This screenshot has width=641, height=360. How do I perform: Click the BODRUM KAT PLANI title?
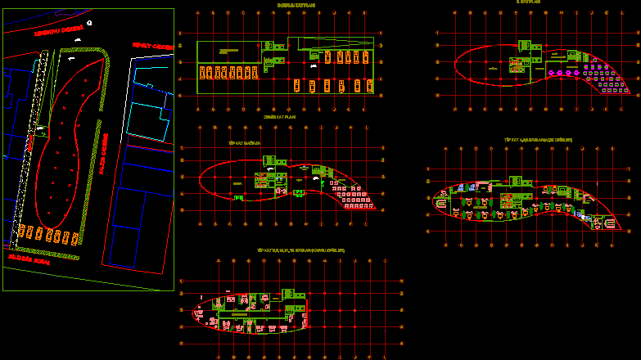[296, 4]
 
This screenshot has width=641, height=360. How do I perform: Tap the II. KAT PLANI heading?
[530, 2]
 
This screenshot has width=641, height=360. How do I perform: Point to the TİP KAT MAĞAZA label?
[243, 142]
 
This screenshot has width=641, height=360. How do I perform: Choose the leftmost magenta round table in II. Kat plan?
[552, 74]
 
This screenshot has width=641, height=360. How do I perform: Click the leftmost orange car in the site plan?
[23, 233]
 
